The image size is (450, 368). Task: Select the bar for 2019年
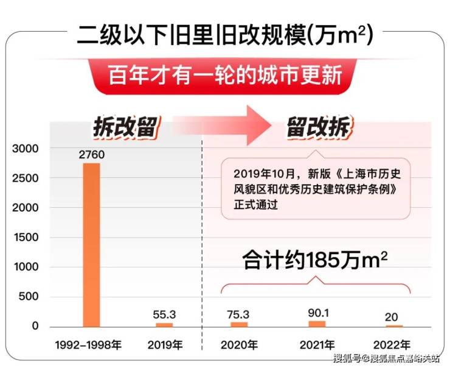click(165, 325)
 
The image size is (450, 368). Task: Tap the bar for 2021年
click(317, 324)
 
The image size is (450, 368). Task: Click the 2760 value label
click(92, 155)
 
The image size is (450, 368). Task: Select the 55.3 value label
click(165, 314)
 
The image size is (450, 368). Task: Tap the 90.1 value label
click(317, 312)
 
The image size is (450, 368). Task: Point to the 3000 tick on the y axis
click(26, 149)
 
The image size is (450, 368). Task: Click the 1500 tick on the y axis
click(26, 238)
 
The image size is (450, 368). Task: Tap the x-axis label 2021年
click(317, 345)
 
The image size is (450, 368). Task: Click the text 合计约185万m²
click(316, 261)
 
